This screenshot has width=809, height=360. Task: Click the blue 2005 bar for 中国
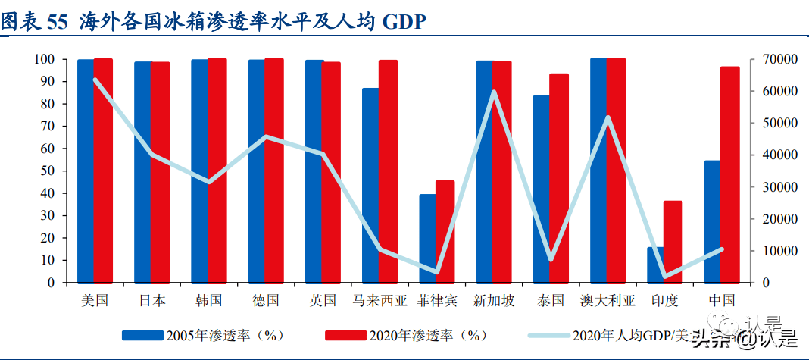(712, 221)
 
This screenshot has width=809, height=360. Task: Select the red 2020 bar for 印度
(673, 241)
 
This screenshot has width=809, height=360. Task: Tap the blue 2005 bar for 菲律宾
(428, 238)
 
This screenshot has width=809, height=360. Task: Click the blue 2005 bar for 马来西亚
(370, 185)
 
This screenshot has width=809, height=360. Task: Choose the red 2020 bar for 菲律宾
(445, 231)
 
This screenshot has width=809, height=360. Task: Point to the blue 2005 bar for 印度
(655, 265)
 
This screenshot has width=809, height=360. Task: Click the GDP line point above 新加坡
(494, 92)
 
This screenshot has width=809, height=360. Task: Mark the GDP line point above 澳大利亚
(608, 117)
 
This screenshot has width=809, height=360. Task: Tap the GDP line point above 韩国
(209, 182)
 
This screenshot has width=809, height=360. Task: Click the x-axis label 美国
(95, 300)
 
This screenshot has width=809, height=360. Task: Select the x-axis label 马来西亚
(380, 300)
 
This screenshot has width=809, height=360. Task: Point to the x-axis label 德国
(266, 300)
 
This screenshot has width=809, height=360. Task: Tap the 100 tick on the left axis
(43, 59)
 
